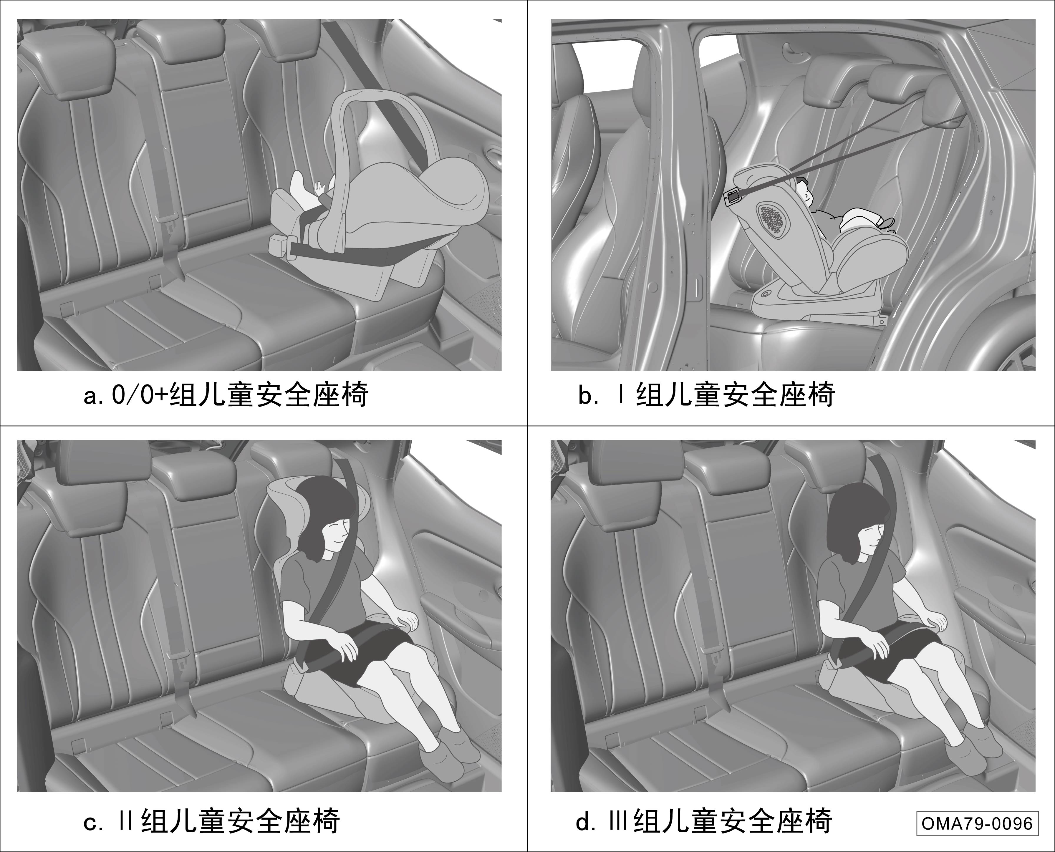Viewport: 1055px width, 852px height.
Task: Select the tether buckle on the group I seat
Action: point(733,197)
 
